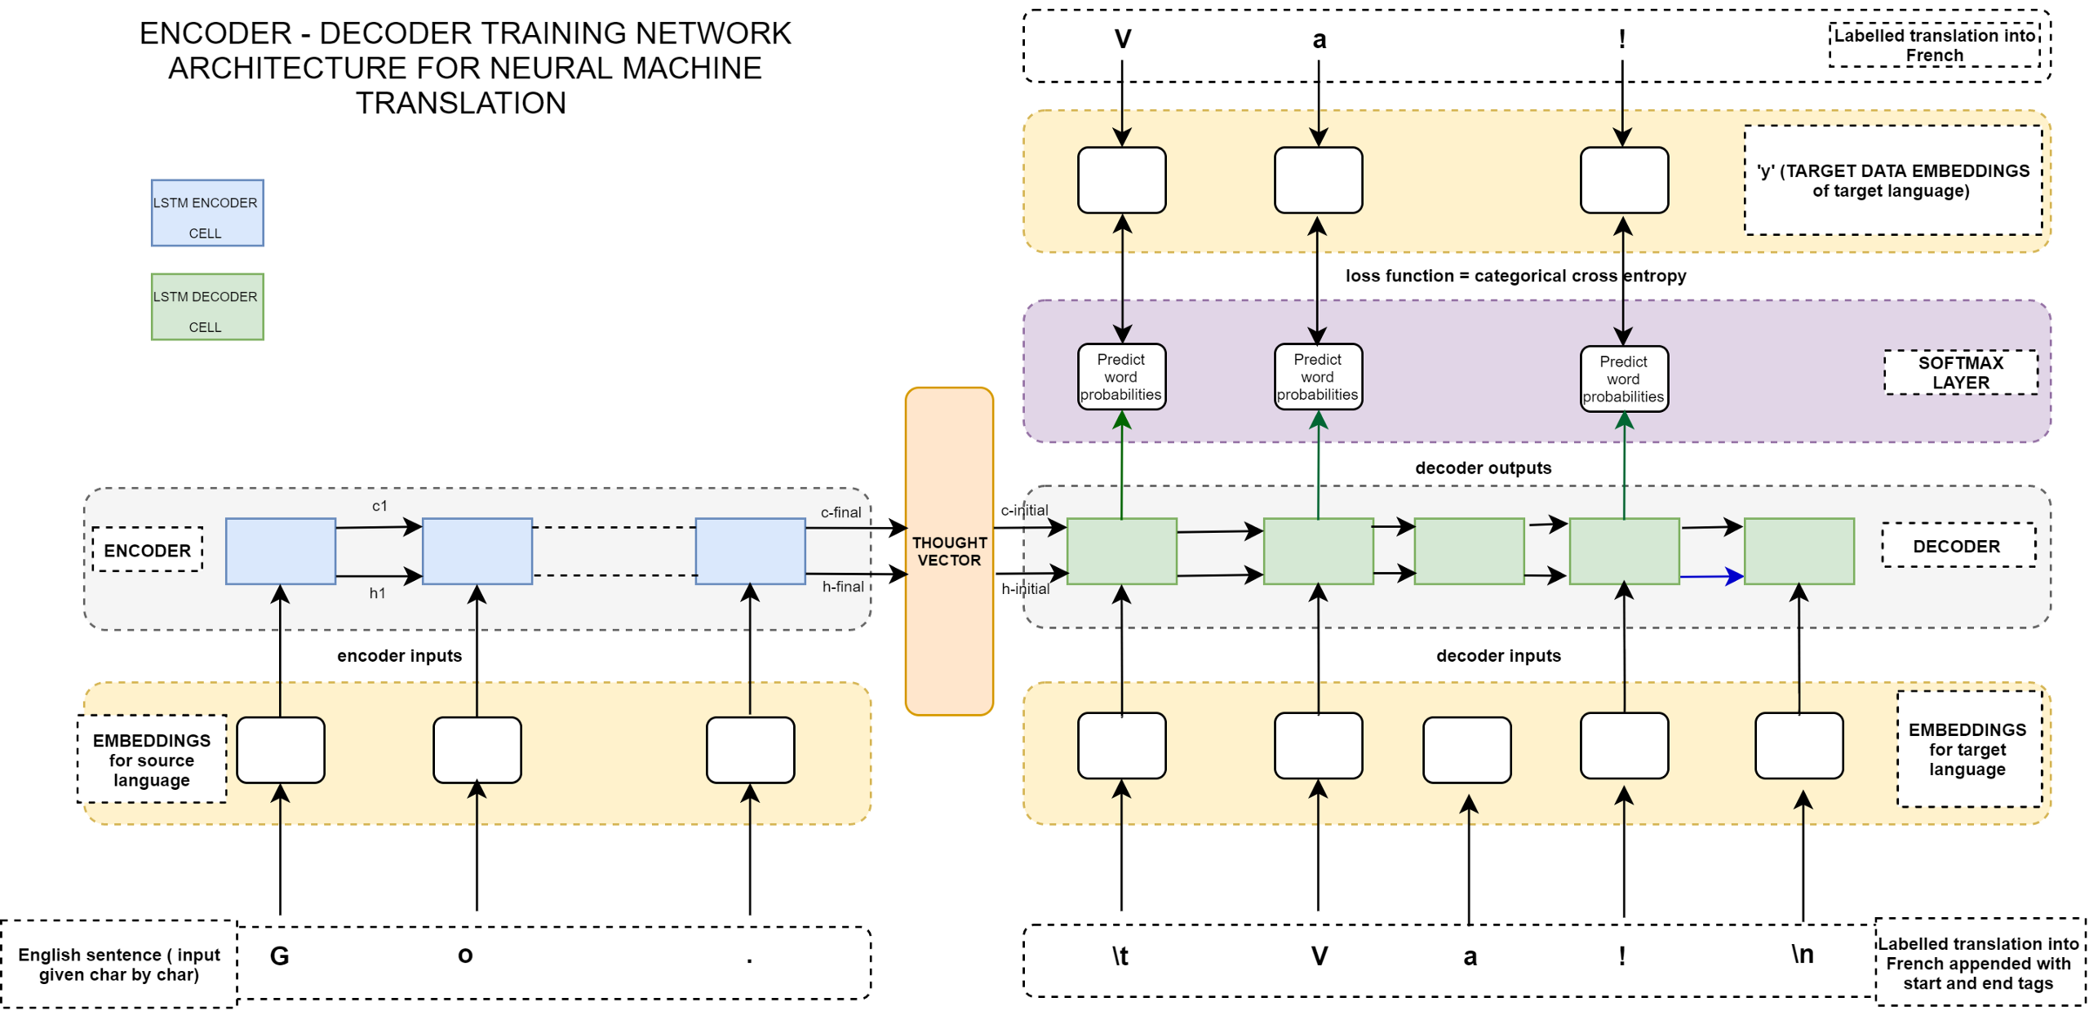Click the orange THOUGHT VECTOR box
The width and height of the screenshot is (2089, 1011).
[948, 551]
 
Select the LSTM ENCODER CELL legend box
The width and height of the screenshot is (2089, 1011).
[206, 213]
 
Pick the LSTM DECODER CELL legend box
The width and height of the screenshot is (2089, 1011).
[206, 306]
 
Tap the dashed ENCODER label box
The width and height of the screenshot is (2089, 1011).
[147, 550]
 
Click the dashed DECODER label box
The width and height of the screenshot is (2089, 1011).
[1957, 546]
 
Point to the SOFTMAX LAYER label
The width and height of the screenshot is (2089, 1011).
[1960, 372]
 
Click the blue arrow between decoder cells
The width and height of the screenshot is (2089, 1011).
[1711, 576]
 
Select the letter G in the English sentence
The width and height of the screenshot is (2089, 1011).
[279, 956]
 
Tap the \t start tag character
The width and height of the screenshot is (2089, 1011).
[1120, 956]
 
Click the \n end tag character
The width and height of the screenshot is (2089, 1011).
[1802, 953]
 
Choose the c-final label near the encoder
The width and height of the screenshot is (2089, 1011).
[840, 512]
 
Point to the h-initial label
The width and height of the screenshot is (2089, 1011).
[1025, 588]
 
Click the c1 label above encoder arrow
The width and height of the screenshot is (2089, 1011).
[379, 506]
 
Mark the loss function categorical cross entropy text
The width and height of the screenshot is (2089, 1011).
[1515, 276]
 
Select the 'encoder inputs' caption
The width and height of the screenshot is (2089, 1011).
[399, 655]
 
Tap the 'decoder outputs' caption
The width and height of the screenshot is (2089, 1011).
[1483, 468]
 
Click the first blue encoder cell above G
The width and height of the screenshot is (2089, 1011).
[280, 551]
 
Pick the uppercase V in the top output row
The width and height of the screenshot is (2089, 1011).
[1122, 38]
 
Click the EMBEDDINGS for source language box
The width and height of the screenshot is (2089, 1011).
[152, 759]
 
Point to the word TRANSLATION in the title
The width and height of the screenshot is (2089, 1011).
[461, 104]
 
